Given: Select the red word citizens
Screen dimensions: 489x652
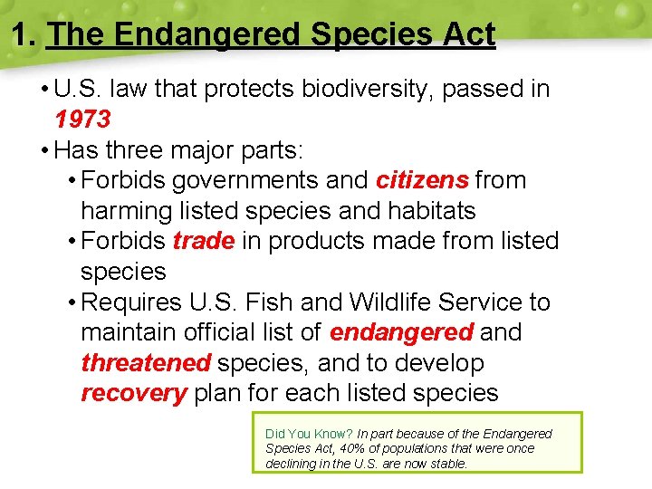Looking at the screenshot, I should (422, 180).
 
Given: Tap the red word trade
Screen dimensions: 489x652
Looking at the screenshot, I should (203, 241).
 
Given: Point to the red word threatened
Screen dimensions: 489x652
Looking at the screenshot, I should (146, 363).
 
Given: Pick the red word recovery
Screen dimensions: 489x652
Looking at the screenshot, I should (133, 393).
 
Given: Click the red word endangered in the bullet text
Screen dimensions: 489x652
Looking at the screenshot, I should (401, 332).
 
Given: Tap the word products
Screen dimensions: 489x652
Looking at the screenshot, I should (319, 241).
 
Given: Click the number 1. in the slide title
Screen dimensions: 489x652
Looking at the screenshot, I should (24, 35).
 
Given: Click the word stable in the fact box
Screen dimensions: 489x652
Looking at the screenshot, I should (450, 464).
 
